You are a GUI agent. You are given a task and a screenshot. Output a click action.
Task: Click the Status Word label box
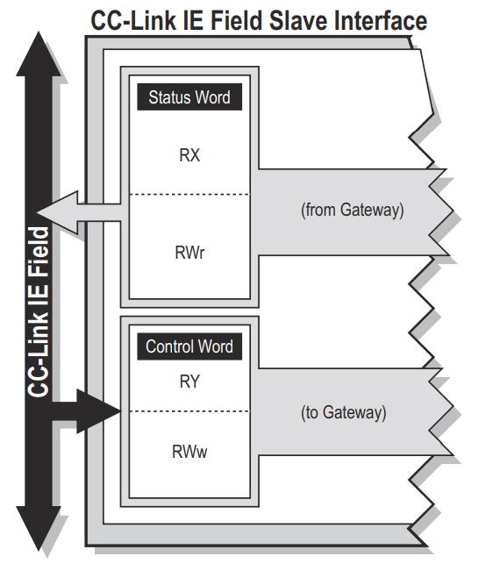tap(189, 97)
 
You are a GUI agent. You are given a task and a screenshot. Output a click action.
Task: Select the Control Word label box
tap(189, 346)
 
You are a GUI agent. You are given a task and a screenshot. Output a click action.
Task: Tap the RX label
tap(189, 155)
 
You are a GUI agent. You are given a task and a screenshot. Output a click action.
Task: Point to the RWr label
tap(189, 253)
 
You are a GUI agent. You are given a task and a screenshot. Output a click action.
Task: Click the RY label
tap(189, 382)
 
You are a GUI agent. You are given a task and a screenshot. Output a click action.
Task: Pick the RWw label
tap(189, 452)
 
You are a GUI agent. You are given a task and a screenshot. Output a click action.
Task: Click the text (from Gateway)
tap(352, 211)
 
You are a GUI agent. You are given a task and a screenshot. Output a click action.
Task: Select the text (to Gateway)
tap(344, 412)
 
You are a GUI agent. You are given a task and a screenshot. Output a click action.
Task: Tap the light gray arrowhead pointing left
tap(58, 212)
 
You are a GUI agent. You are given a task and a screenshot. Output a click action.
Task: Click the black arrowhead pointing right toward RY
tap(98, 410)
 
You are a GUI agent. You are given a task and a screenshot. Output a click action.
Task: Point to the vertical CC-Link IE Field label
tap(39, 312)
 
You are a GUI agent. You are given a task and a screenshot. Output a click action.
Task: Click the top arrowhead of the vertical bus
tap(39, 54)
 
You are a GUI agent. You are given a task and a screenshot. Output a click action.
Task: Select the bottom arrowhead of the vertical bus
tap(39, 529)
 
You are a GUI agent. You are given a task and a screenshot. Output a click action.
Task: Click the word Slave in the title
tap(298, 21)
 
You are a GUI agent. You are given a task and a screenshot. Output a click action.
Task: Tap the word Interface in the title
tap(381, 21)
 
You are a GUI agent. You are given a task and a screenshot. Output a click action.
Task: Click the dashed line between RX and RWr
tap(189, 194)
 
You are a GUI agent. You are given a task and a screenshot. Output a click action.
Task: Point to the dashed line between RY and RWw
tap(189, 411)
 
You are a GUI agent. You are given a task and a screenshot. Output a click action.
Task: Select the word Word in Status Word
tap(213, 97)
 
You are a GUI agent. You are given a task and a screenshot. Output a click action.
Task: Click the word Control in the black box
tap(168, 346)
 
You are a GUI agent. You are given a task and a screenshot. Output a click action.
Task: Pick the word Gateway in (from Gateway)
tap(369, 211)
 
